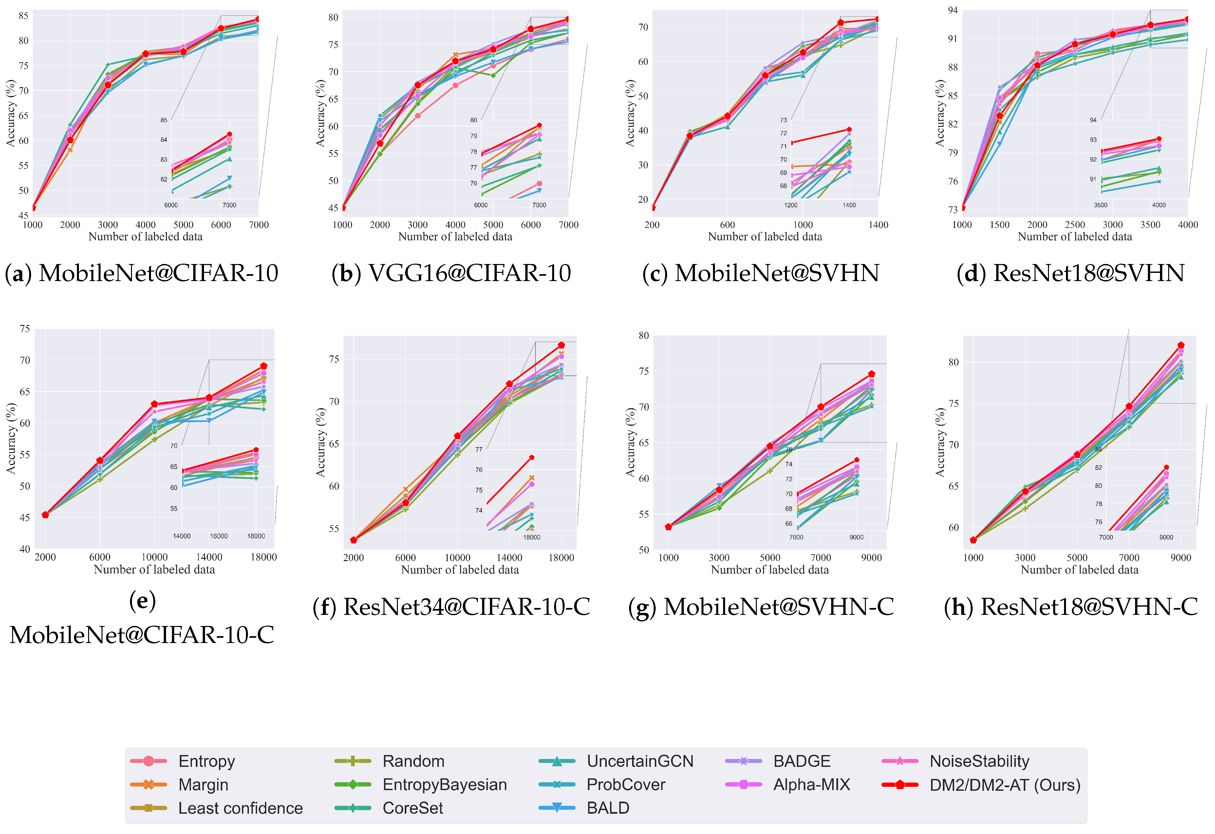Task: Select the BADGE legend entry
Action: pyautogui.click(x=801, y=761)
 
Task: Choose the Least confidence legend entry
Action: pyautogui.click(x=240, y=808)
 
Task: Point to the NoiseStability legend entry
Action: pyautogui.click(x=979, y=761)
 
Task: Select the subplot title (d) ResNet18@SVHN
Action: pyautogui.click(x=1070, y=273)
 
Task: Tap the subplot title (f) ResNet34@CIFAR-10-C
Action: pyautogui.click(x=451, y=607)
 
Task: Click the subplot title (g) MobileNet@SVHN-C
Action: pyautogui.click(x=761, y=607)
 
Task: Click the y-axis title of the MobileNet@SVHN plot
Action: pyautogui.click(x=630, y=113)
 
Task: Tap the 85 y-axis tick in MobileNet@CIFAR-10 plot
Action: pyautogui.click(x=24, y=16)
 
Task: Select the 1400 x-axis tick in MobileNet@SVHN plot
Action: pyautogui.click(x=878, y=225)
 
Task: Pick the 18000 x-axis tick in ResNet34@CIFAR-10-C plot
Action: pyautogui.click(x=561, y=558)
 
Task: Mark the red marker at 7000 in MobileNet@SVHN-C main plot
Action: pyautogui.click(x=821, y=407)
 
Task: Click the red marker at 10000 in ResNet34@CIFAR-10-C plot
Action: pyautogui.click(x=458, y=436)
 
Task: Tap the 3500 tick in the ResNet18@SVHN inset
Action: pyautogui.click(x=1100, y=205)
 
